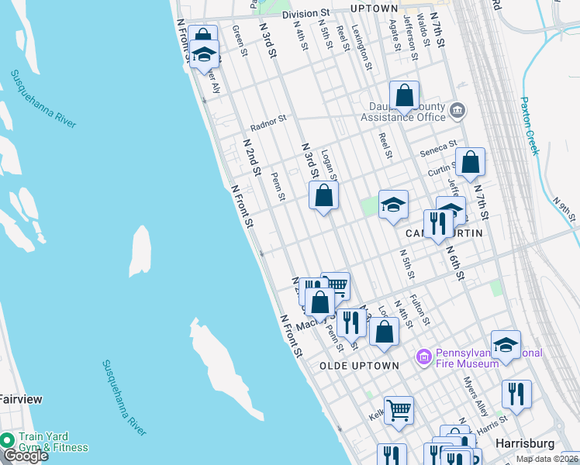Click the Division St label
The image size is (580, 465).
(306, 14)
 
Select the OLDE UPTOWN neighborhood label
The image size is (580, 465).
(360, 365)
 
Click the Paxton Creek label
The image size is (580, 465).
(530, 126)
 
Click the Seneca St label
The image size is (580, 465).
(439, 146)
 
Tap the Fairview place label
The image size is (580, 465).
(21, 399)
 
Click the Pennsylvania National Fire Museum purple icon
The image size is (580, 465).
(424, 357)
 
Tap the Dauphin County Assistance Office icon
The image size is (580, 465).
(457, 110)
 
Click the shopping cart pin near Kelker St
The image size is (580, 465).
(399, 410)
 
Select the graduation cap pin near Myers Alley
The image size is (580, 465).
(506, 345)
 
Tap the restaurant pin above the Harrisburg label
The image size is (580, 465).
(516, 394)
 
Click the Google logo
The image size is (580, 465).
(25, 456)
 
